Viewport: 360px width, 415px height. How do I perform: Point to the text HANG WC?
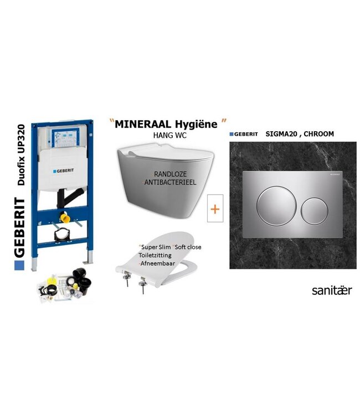tap(166, 135)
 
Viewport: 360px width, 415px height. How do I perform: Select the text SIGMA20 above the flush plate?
tap(289, 134)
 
